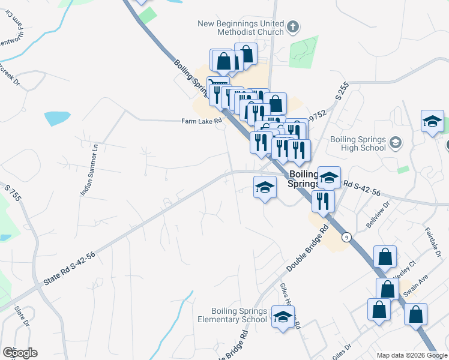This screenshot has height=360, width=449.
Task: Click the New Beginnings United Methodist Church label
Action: pos(241,28)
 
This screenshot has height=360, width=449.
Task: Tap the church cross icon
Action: pos(293,26)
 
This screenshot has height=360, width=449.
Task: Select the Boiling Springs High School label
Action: pos(358,143)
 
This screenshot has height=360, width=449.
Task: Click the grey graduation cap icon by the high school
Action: pos(395,143)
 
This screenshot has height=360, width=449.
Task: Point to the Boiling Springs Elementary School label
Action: pos(239,315)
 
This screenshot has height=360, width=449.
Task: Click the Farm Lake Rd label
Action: pos(202,121)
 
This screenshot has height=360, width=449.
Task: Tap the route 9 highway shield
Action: pos(346,237)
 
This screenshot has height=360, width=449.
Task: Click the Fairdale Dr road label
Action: pos(433,242)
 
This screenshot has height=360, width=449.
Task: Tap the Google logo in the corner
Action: pos(20,353)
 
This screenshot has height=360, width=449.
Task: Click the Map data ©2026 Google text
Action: pos(411,355)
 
